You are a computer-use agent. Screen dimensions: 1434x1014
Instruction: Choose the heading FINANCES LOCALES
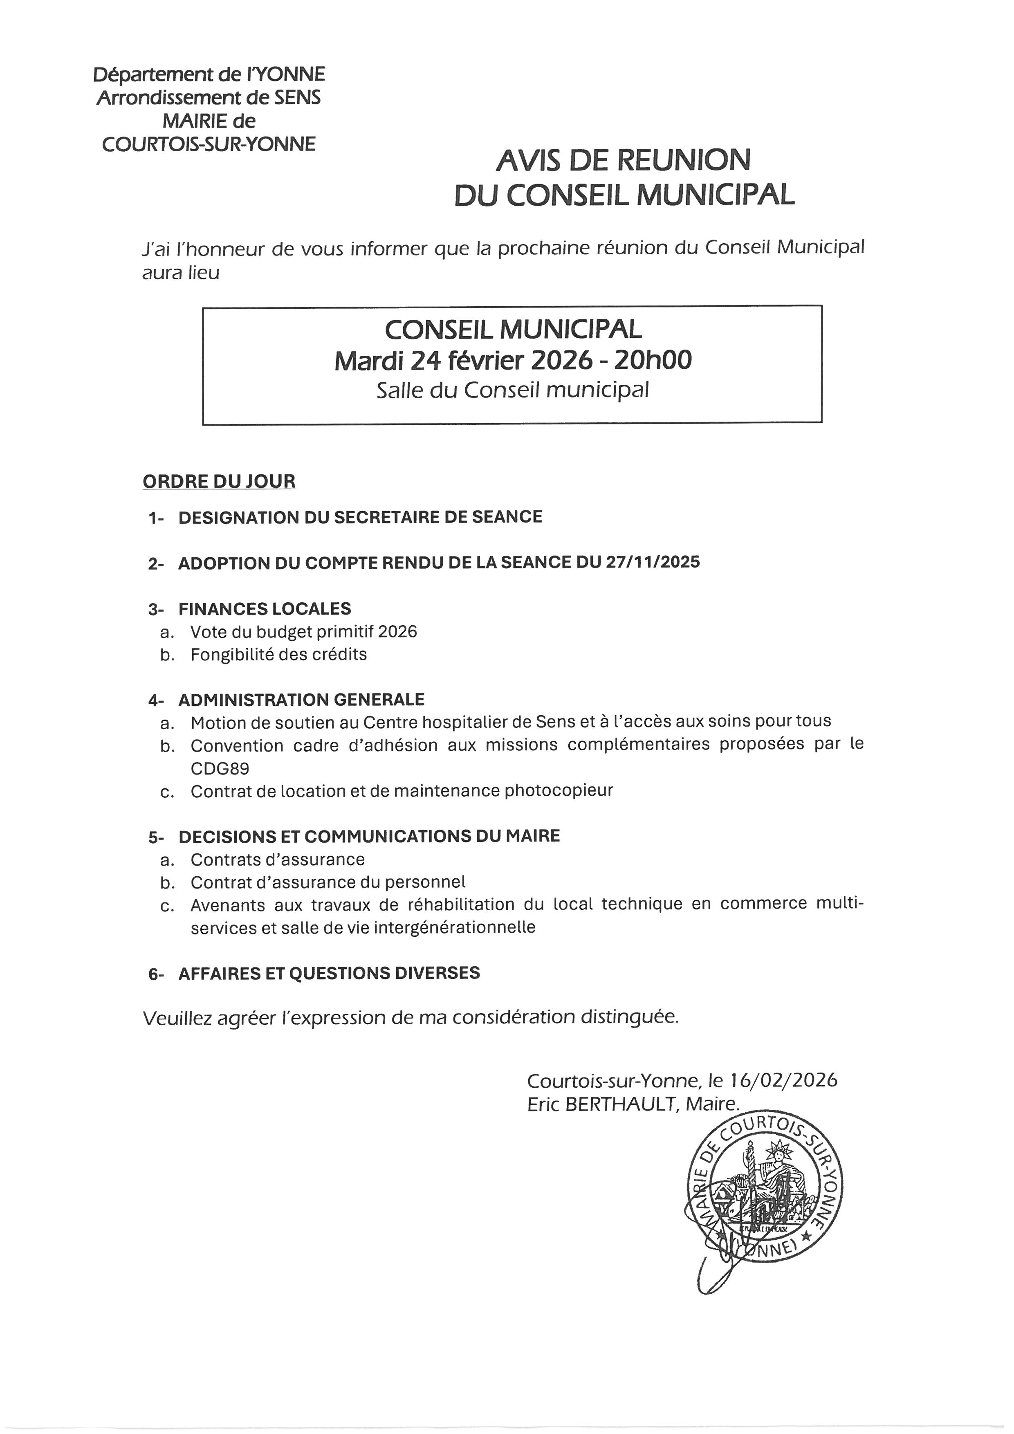(265, 608)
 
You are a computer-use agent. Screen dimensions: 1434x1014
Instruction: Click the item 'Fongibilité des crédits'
(278, 655)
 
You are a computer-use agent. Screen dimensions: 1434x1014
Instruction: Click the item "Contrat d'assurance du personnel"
(328, 882)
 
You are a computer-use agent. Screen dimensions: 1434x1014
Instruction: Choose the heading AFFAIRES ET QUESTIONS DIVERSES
(329, 973)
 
